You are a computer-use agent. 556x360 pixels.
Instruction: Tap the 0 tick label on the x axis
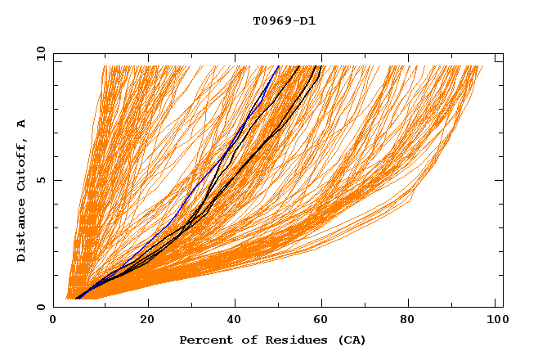(54, 322)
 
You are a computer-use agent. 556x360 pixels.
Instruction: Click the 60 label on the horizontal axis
(323, 322)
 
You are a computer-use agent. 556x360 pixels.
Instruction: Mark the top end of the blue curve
(279, 65)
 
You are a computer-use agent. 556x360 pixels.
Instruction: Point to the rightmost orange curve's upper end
(482, 65)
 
